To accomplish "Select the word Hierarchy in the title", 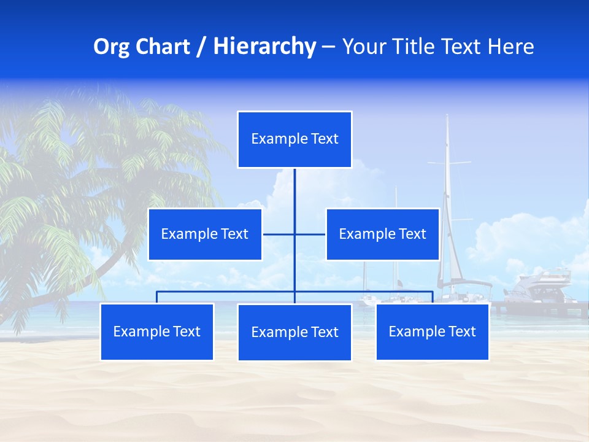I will click(264, 47).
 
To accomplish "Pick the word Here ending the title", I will click(510, 47).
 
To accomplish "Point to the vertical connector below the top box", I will click(294, 190).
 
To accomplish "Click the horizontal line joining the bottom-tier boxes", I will click(227, 292).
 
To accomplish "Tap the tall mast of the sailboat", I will click(447, 184).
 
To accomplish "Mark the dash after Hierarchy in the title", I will click(328, 47).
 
